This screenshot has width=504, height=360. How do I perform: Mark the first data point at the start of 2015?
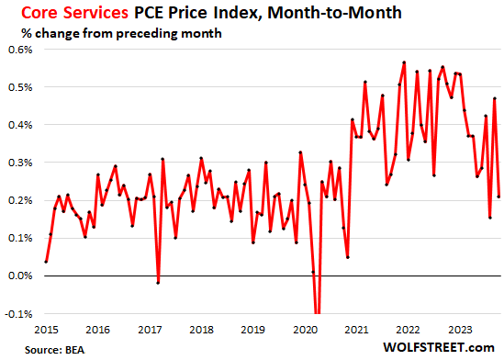click(x=46, y=261)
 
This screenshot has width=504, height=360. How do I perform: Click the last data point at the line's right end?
click(x=498, y=196)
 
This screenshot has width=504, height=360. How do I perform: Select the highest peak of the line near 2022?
click(x=404, y=62)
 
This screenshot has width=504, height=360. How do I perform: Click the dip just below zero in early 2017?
click(x=158, y=283)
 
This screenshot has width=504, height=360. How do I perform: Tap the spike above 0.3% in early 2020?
click(x=300, y=152)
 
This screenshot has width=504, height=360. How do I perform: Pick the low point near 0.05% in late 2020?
click(x=348, y=256)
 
